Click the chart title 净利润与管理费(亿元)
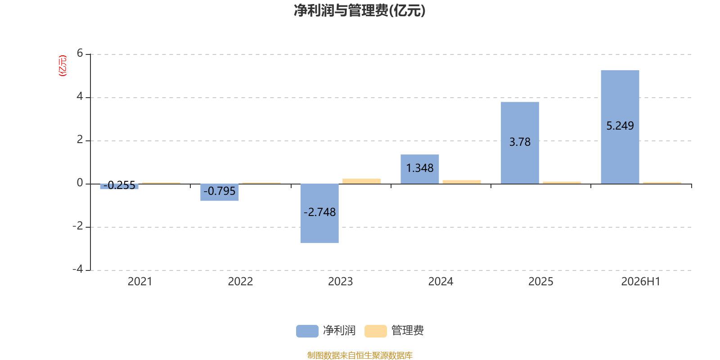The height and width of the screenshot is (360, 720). coord(360,10)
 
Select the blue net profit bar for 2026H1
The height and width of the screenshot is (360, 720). coord(620,127)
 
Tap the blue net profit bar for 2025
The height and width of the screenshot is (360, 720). coord(520,143)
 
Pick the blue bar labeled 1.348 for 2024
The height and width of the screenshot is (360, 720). coord(419,169)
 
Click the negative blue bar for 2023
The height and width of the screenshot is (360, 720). coord(319,213)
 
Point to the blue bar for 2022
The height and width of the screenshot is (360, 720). coord(219,192)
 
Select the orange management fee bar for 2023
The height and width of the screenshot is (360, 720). coord(362,181)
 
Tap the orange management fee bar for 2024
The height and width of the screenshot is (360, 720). coord(462,182)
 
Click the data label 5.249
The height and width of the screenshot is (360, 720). coord(620,126)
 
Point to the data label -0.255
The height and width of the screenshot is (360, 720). coord(119,185)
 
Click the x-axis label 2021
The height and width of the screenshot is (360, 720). coord(140,282)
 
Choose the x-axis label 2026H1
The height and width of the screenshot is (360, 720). coord(641,282)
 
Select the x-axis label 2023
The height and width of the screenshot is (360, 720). coord(340,282)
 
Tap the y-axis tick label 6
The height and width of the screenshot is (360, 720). coord(80,53)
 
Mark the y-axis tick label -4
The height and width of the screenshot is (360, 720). coord(78,269)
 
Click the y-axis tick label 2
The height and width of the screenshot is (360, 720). coord(80,139)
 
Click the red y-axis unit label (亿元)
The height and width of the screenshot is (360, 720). coord(63,66)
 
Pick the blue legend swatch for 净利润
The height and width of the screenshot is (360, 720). coord(307,331)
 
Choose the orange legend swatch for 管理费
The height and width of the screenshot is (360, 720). coord(375,331)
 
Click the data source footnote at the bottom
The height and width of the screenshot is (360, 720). coord(360,355)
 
